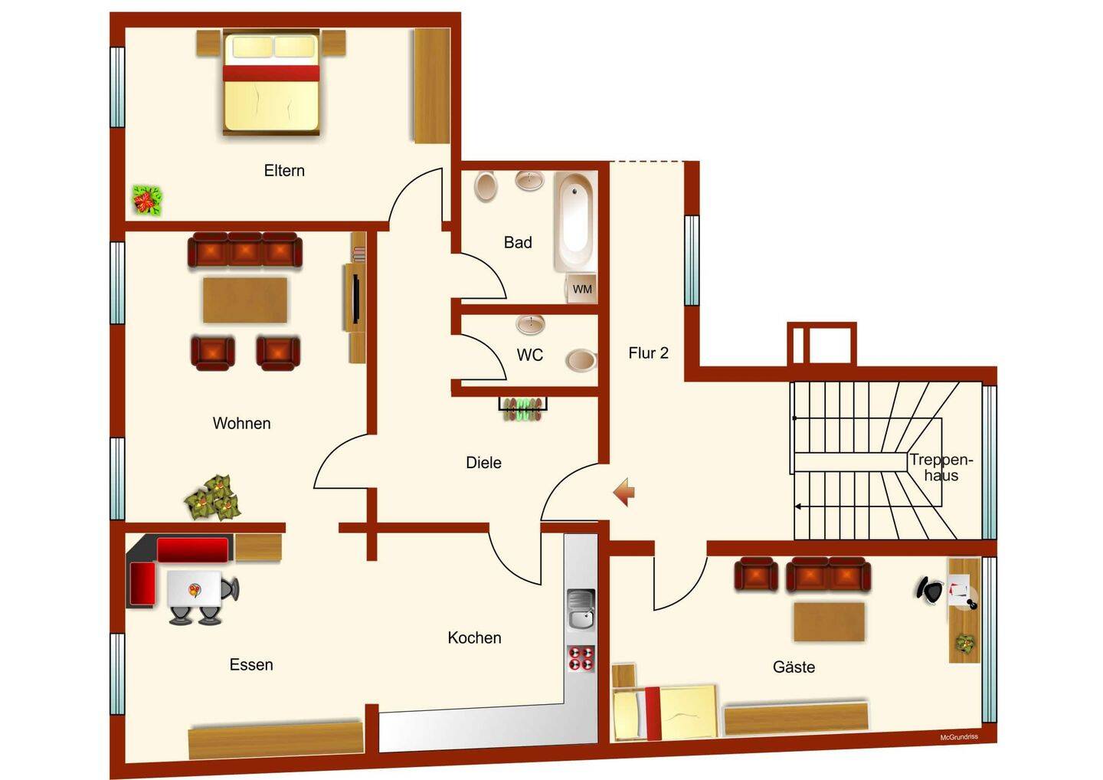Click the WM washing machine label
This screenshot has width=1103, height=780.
[x=582, y=290]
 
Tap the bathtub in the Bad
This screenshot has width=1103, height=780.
[x=575, y=221]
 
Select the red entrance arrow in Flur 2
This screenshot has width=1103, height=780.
[x=624, y=491]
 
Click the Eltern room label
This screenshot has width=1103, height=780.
[x=284, y=170]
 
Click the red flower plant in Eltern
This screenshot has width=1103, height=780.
[x=147, y=200]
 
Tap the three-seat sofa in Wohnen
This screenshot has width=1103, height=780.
[x=245, y=250]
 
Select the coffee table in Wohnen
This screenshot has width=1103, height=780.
[x=245, y=300]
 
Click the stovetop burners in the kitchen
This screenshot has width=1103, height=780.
[x=581, y=658]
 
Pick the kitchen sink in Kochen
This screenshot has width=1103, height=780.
[x=581, y=610]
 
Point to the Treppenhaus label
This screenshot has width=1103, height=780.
[x=941, y=467]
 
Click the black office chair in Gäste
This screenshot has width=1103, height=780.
[x=930, y=589]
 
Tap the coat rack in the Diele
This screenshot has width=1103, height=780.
[x=523, y=408]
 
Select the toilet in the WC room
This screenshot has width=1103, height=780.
[x=581, y=360]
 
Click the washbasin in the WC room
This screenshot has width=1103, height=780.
[x=530, y=324]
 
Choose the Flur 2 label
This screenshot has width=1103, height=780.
[x=649, y=353]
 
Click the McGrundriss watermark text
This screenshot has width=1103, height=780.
[x=959, y=738]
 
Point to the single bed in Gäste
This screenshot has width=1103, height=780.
[x=664, y=713]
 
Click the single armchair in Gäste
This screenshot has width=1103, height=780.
[x=756, y=574]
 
